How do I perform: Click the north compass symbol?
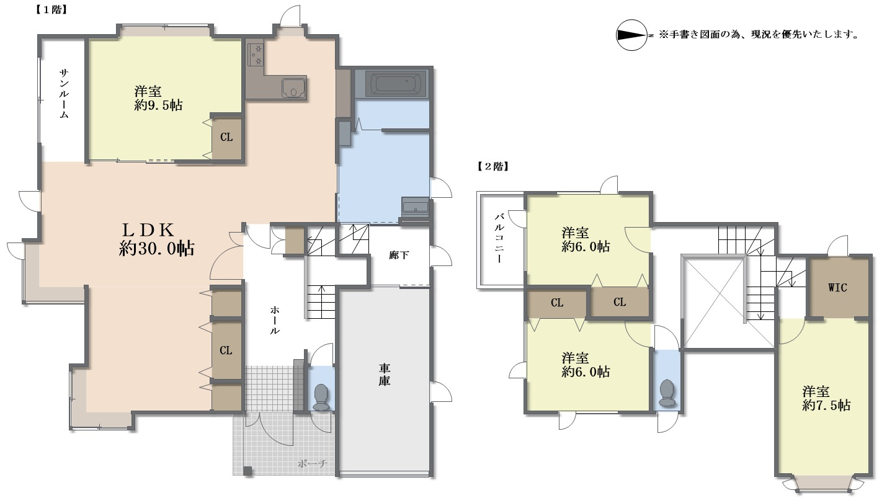631,35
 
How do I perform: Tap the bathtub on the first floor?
396,83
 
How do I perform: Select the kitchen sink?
294,87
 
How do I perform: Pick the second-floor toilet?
667,393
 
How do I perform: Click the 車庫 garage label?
385,375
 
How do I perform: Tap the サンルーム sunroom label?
64,94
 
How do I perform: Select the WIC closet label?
837,288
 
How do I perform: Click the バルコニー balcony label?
499,238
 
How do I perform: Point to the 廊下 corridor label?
398,256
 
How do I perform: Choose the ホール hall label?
274,320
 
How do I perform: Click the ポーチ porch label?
312,464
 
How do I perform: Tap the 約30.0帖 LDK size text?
157,249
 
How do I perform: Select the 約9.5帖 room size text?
158,105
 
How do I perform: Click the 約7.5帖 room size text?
826,406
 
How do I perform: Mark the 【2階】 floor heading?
493,166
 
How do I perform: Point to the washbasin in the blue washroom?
415,207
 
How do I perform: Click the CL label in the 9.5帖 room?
226,137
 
